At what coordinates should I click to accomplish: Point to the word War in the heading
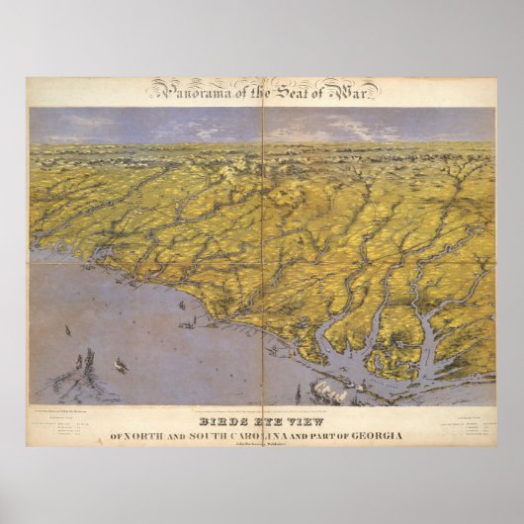[353, 92]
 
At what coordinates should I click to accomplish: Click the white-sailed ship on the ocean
[121, 365]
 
